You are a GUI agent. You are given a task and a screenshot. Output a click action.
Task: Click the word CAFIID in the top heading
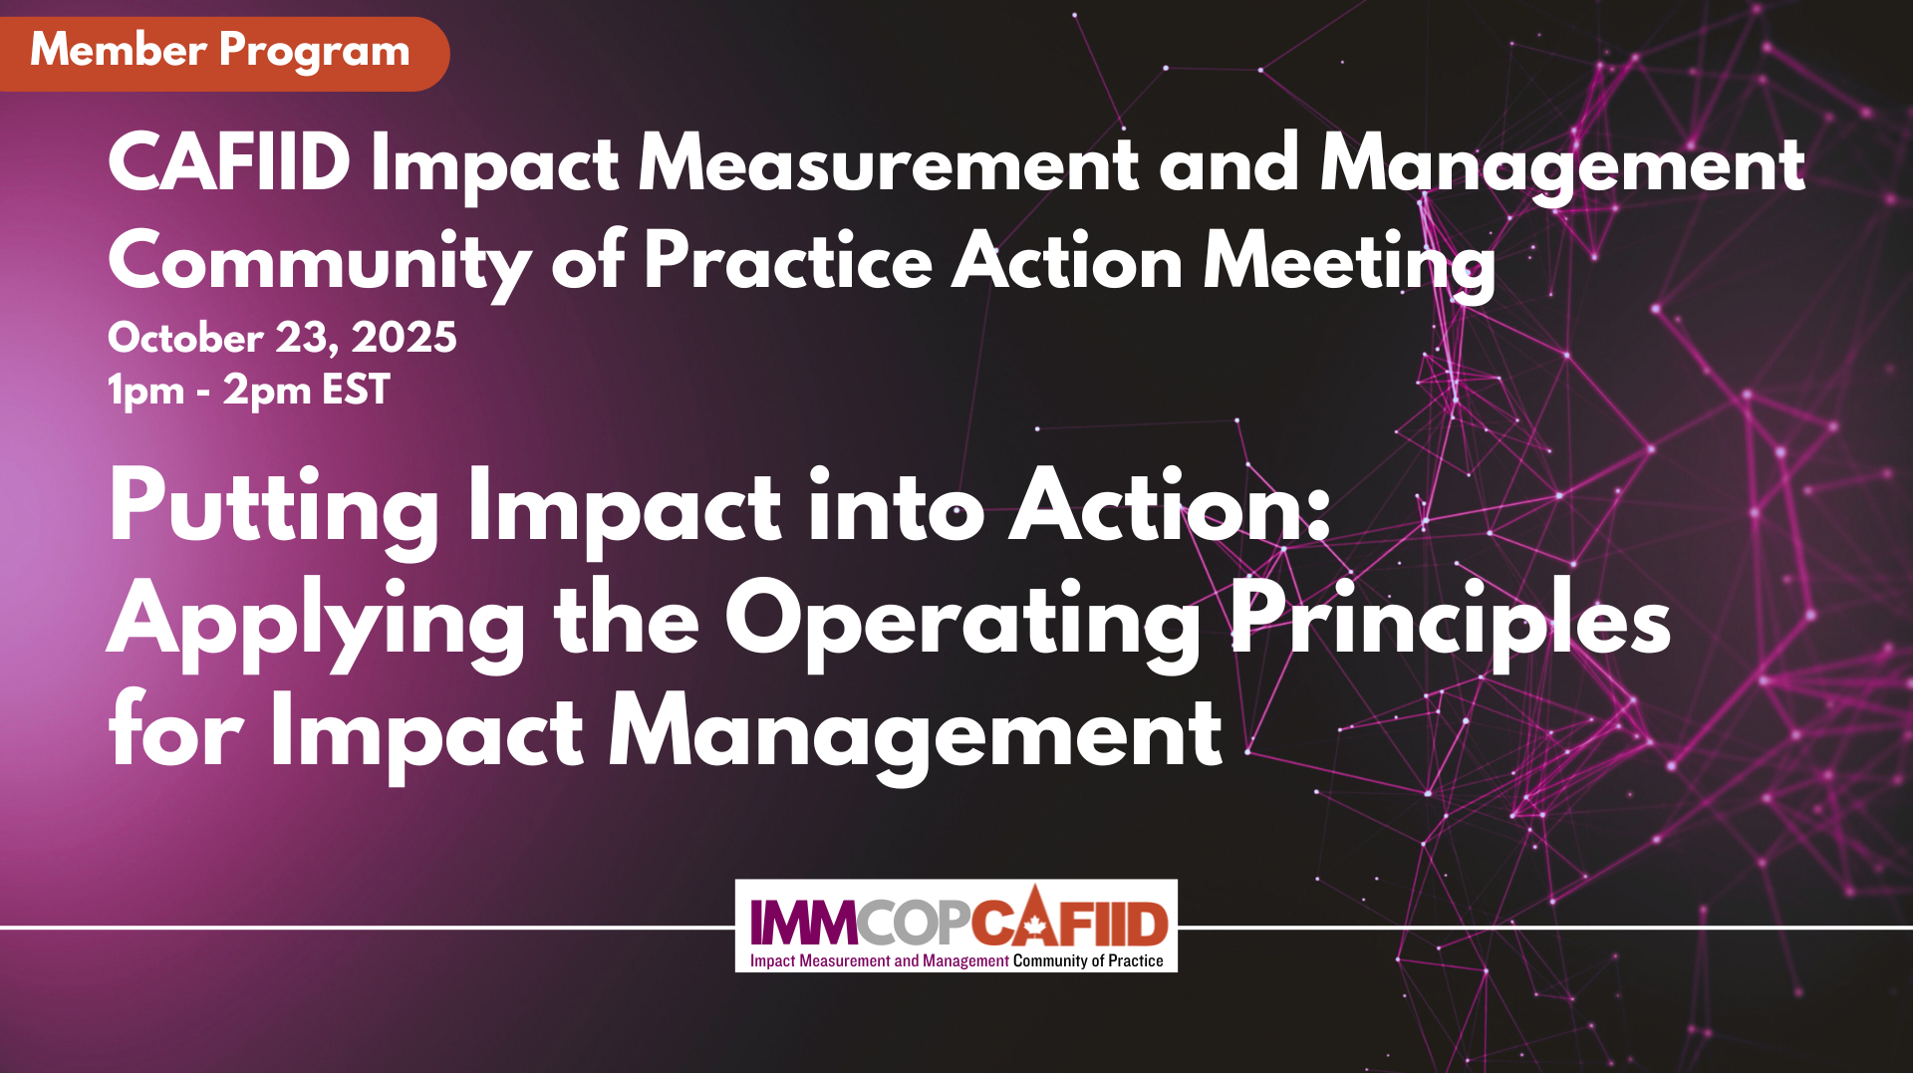coord(229,163)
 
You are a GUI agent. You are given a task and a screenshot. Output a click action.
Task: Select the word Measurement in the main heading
coord(888,163)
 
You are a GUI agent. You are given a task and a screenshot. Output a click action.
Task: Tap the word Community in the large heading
coord(319,262)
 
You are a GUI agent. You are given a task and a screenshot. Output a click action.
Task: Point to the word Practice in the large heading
coord(788,261)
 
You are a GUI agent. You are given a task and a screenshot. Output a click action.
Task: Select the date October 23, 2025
coord(282,338)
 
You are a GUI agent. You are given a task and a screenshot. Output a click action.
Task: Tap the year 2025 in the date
coord(404,338)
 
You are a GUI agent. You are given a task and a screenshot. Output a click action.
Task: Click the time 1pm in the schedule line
coord(145,390)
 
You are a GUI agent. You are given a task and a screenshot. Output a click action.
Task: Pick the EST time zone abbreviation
coord(356,390)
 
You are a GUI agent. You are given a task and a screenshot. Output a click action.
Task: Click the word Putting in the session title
coord(273,508)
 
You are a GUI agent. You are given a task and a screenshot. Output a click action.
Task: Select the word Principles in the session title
coord(1451,620)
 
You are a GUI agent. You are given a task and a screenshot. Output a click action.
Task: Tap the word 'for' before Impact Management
coord(175,732)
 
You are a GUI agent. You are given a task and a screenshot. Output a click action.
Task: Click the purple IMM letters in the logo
coord(803,922)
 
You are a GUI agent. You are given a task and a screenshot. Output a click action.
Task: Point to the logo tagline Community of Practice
coord(1088,961)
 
